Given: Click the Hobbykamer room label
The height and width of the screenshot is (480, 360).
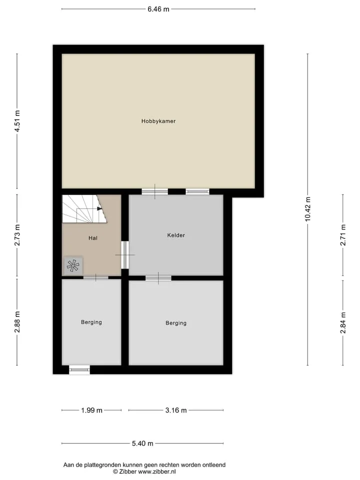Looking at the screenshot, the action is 158,121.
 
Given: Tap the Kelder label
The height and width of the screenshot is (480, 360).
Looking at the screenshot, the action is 176,235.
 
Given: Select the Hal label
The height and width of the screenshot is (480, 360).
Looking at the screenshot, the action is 93,238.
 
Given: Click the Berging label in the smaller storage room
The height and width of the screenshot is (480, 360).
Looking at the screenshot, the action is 91,322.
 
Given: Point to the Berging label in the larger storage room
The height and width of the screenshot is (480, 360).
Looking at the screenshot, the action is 176,323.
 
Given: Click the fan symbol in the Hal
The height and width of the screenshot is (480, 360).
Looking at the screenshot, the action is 73,265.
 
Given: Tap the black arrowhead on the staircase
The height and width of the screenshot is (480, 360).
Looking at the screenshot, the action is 99,209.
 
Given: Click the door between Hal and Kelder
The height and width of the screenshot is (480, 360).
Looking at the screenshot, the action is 124,254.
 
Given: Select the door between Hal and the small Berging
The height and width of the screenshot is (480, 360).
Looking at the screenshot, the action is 96,277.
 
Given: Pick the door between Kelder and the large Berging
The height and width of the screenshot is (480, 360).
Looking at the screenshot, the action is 158,278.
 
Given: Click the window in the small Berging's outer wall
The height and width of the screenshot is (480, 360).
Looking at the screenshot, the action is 79,370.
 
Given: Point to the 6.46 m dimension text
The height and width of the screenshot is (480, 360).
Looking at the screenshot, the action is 158,9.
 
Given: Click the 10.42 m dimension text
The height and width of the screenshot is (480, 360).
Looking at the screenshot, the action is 308,209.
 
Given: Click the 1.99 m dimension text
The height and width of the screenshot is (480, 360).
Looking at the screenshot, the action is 91,410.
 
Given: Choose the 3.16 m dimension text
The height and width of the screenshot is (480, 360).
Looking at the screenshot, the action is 176,410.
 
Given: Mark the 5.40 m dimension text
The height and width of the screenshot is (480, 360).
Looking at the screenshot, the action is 142,443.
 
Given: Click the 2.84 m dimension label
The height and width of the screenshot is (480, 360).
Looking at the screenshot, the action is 343,322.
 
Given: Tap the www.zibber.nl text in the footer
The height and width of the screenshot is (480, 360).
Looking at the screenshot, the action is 156,471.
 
